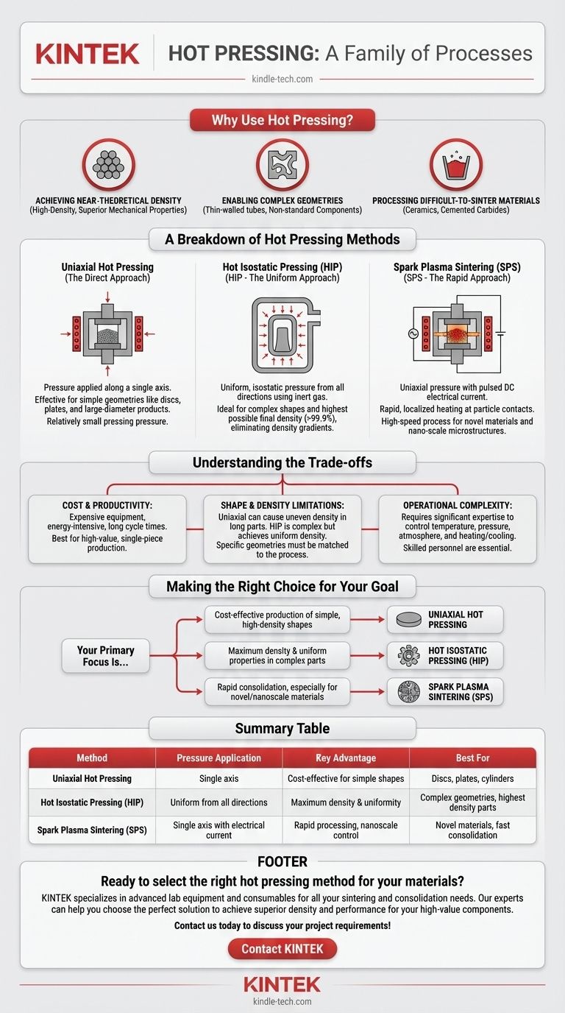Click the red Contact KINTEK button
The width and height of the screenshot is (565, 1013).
tap(282, 949)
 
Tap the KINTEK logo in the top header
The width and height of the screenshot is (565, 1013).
tap(88, 54)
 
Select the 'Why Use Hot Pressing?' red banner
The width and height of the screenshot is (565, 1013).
tap(282, 120)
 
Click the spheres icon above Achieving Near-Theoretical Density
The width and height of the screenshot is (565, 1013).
tap(108, 166)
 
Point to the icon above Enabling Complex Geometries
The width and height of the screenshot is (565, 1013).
tap(282, 166)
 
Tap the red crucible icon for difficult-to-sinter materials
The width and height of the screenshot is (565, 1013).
tap(456, 166)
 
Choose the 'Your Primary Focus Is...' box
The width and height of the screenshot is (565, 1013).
tap(106, 656)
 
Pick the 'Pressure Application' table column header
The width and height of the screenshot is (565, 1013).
tap(219, 758)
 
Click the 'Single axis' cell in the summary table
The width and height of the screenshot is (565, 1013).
tap(219, 779)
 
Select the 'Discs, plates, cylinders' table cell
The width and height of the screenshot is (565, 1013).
tap(472, 779)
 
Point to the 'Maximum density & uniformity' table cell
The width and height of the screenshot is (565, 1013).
tap(346, 802)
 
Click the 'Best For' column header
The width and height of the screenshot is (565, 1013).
tap(472, 758)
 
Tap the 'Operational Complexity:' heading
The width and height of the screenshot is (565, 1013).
tap(457, 506)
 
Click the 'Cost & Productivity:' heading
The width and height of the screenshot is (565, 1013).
tap(107, 506)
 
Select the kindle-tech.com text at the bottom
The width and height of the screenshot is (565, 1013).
tap(282, 1001)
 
